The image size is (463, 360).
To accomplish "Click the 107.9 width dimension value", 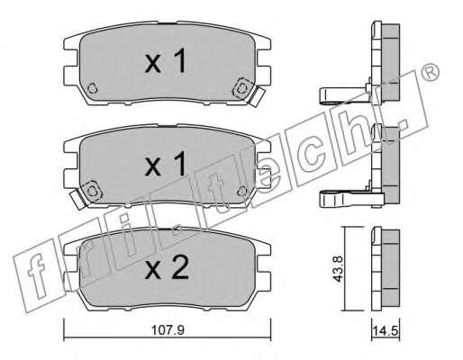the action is (x=168, y=330).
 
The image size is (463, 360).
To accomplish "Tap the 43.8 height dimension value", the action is (x=338, y=268).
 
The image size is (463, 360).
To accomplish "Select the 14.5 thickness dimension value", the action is (x=386, y=331).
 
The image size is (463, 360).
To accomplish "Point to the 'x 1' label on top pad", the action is (x=166, y=61).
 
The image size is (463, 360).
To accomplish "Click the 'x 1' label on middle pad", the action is (x=166, y=164).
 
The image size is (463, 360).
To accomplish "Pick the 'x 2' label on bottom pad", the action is (x=167, y=267).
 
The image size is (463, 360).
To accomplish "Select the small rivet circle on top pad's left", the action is (x=92, y=88).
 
